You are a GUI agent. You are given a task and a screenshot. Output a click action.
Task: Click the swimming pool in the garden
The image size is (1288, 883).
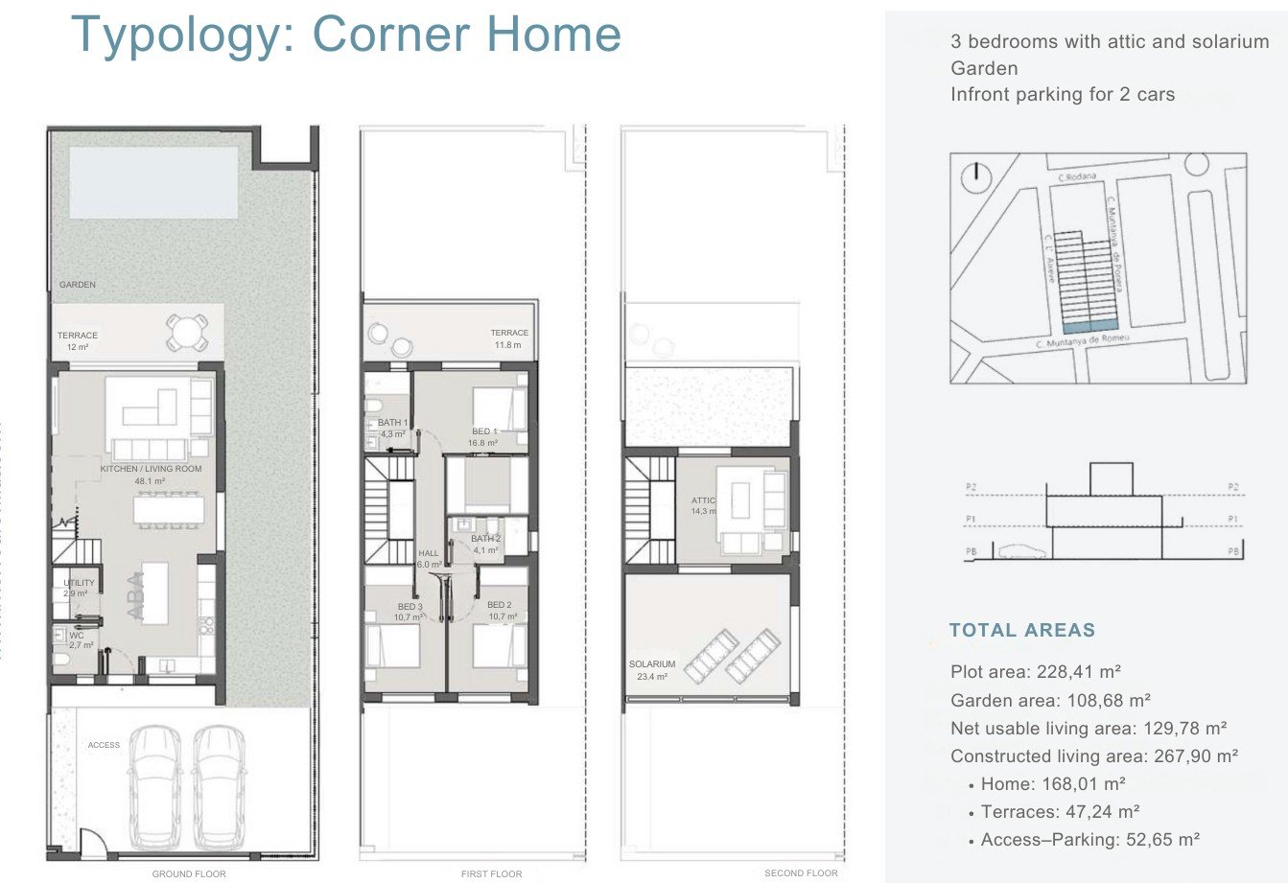pyautogui.click(x=153, y=181)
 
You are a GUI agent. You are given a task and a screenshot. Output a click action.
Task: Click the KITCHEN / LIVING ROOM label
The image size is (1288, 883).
pyautogui.click(x=152, y=469)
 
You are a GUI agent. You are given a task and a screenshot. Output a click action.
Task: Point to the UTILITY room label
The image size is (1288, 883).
pyautogui.click(x=79, y=583)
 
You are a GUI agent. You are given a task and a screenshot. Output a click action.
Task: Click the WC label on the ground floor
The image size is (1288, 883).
pyautogui.click(x=77, y=635)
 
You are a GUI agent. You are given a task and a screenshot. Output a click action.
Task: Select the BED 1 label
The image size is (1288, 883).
pyautogui.click(x=485, y=431)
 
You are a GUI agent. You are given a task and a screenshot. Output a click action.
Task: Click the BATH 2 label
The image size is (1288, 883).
pyautogui.click(x=484, y=539)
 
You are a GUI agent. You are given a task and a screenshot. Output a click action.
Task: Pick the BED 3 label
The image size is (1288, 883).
pyautogui.click(x=410, y=607)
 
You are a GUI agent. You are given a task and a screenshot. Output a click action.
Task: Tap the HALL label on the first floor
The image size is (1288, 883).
pyautogui.click(x=429, y=554)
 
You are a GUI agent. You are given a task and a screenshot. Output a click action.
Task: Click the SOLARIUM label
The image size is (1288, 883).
pyautogui.click(x=652, y=663)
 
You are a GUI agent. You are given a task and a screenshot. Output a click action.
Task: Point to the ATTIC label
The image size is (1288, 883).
pyautogui.click(x=704, y=500)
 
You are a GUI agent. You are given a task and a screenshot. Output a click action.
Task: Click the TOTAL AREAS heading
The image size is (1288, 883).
pyautogui.click(x=1021, y=630)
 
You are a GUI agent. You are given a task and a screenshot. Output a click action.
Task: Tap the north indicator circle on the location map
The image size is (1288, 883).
pyautogui.click(x=976, y=173)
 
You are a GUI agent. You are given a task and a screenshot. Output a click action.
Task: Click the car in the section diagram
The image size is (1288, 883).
pyautogui.click(x=1022, y=551)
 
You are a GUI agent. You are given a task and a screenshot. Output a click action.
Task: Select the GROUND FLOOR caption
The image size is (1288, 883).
pyautogui.click(x=189, y=873)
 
